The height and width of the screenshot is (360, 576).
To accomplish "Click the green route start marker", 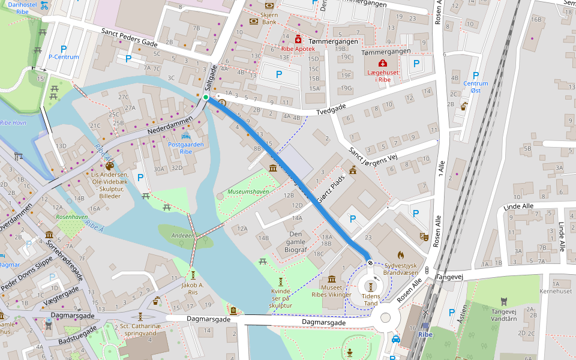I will (206, 97).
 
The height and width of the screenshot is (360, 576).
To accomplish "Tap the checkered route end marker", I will (371, 262).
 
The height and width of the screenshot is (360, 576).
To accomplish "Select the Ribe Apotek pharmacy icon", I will (298, 39).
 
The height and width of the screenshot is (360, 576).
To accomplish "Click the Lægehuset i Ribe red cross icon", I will (382, 63).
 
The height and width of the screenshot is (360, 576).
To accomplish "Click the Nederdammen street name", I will (170, 125).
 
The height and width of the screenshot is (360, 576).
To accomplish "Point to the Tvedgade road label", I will (332, 110).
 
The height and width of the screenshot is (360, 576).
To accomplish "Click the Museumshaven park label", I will (248, 192).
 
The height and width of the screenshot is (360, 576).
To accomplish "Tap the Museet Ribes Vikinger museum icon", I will (331, 279).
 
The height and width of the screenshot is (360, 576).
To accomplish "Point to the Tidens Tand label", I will (371, 299).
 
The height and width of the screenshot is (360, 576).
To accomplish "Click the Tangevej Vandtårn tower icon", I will (504, 301).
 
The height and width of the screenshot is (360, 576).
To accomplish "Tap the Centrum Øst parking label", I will (476, 87).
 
